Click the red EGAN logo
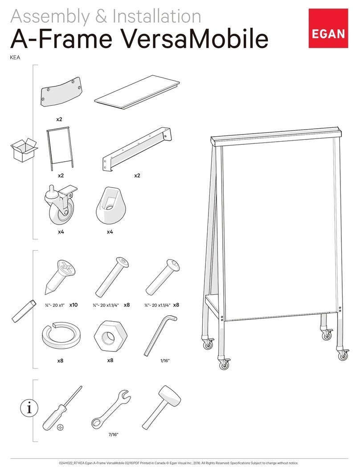(328, 28)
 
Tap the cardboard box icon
(24, 150)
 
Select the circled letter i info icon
(29, 408)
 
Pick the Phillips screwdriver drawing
(62, 408)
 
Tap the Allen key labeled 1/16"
(160, 335)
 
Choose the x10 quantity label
(74, 305)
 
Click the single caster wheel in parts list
(61, 205)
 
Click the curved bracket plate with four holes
(61, 91)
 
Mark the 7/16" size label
(114, 435)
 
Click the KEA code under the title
(15, 57)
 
